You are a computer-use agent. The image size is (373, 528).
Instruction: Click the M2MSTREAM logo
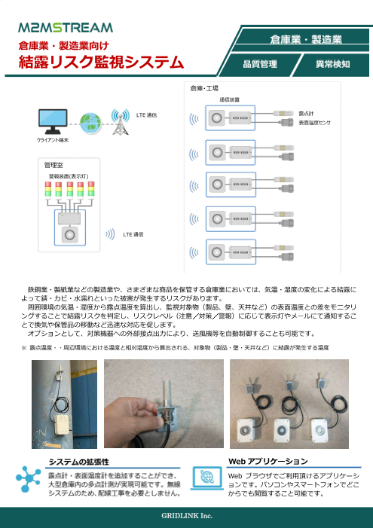66,28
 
